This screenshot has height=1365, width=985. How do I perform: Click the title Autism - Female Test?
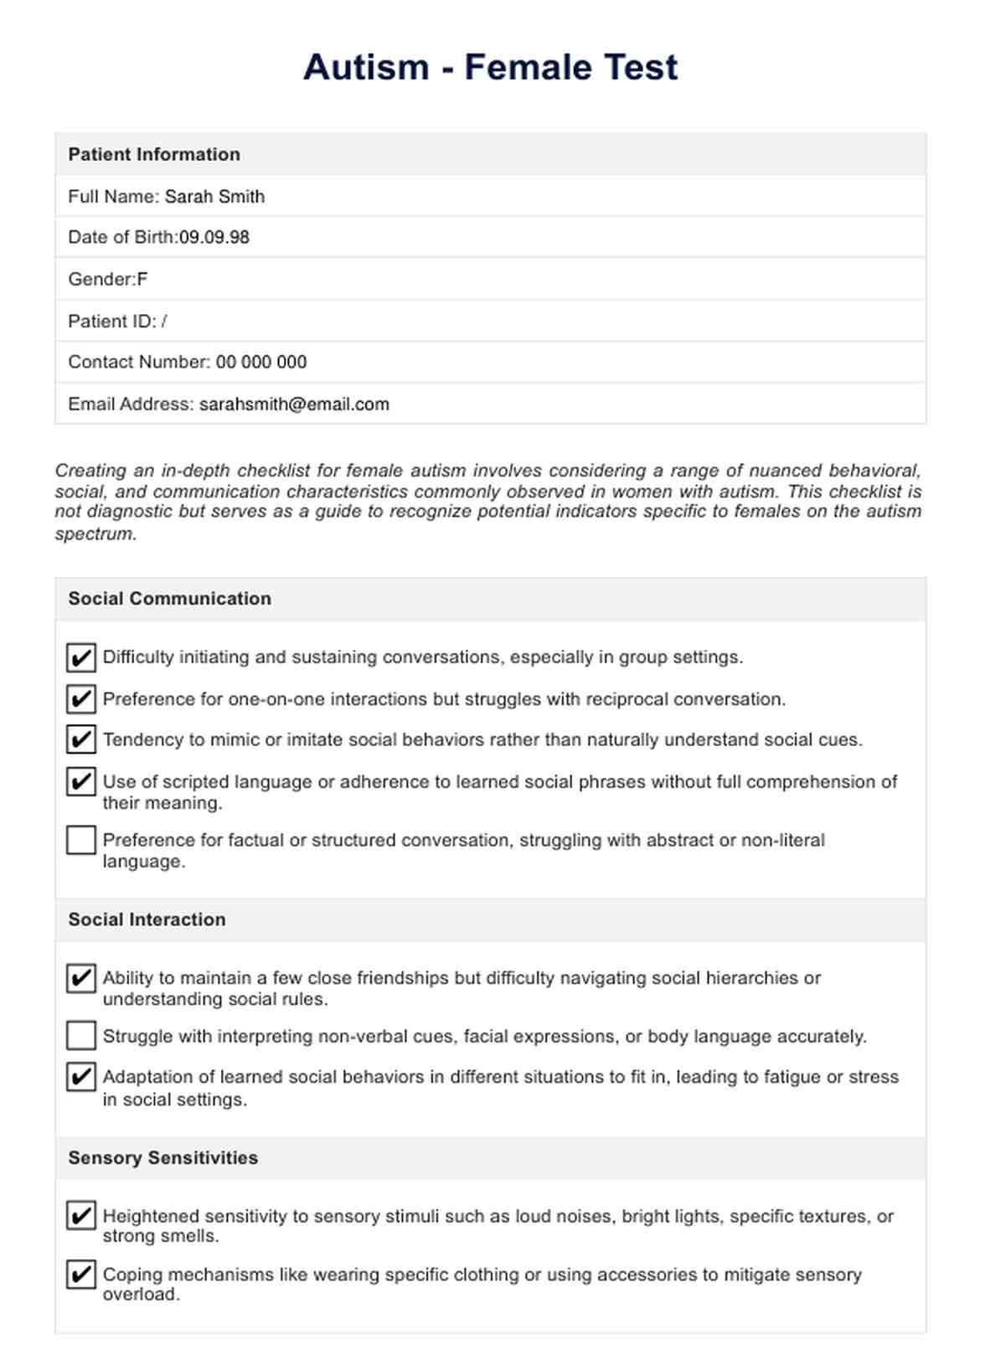point(490,67)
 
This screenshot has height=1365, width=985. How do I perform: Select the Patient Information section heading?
point(154,154)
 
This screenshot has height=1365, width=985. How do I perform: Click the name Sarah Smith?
point(214,197)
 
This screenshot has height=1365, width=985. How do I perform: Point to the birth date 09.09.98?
point(214,238)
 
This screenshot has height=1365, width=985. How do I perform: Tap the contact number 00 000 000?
point(261,363)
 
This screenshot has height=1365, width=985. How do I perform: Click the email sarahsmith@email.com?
point(294,404)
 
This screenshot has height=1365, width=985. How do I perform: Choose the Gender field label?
point(101,280)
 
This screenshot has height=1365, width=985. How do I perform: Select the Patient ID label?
point(111,322)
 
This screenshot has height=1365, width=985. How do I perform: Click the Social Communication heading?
point(170,599)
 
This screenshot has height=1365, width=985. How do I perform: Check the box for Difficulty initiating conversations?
point(81,658)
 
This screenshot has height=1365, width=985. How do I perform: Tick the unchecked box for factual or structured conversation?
point(81,841)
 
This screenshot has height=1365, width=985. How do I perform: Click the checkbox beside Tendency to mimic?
point(81,740)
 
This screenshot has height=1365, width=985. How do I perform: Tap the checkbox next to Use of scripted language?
point(81,782)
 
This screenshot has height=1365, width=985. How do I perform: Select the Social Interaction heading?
point(147,919)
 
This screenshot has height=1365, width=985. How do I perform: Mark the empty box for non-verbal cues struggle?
point(81,1036)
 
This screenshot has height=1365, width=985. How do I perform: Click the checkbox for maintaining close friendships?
point(81,978)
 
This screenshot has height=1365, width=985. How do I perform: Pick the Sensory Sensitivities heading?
point(163,1158)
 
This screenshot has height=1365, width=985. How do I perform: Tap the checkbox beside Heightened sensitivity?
point(81,1216)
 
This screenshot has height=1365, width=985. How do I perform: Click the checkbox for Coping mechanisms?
point(81,1275)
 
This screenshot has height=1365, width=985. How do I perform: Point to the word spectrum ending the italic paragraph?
point(94,534)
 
